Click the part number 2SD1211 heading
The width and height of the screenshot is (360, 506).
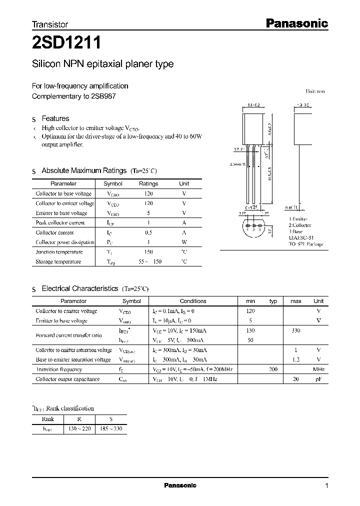click(x=67, y=43)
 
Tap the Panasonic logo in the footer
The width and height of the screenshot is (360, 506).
click(x=180, y=485)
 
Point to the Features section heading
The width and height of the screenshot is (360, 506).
click(x=55, y=118)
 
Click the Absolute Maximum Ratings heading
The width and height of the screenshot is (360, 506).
click(x=83, y=170)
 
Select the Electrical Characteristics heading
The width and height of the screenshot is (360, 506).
click(x=79, y=288)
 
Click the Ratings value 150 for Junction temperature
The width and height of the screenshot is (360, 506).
click(x=148, y=252)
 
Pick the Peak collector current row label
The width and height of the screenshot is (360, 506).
click(x=60, y=223)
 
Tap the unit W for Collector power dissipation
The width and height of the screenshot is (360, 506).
click(x=184, y=242)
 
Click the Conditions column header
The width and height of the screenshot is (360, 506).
click(x=192, y=301)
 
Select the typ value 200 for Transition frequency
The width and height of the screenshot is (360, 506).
click(x=273, y=369)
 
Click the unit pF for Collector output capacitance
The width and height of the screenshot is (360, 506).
click(x=318, y=379)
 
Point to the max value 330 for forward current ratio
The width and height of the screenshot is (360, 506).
click(x=296, y=330)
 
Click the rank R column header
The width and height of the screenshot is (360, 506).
click(x=79, y=419)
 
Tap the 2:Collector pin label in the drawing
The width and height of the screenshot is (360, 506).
click(x=300, y=225)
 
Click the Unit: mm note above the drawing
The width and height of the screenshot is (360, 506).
click(x=315, y=91)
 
